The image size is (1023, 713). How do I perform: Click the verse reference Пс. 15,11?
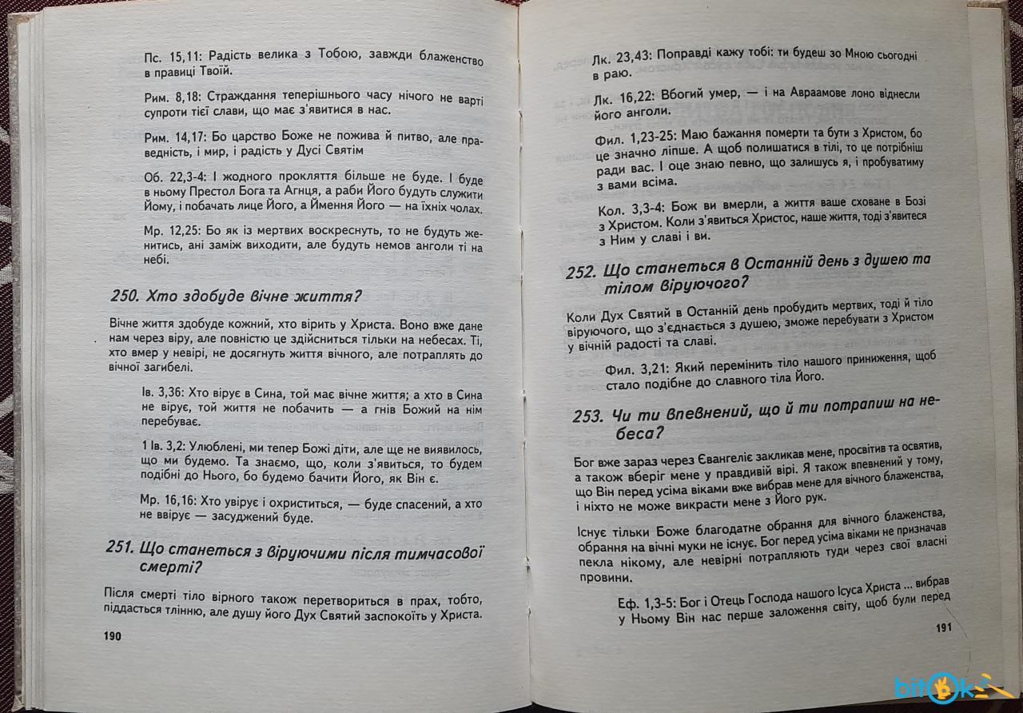tap(174, 58)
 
